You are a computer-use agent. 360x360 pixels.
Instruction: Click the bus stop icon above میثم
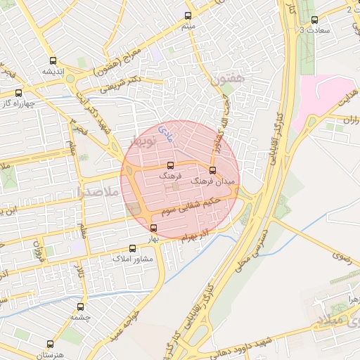coord(188,15)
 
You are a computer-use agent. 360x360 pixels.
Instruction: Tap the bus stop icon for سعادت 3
coord(314,20)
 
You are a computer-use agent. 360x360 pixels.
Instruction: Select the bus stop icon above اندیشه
coord(53,60)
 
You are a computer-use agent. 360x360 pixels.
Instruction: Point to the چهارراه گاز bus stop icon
coord(18,92)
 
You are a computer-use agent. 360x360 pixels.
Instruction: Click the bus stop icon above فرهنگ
coord(170,165)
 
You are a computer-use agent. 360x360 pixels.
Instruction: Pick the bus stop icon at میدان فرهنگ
coord(213,170)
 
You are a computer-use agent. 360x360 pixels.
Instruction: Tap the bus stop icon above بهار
coord(153,227)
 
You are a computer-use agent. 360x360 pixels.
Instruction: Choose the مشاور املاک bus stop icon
coord(133,248)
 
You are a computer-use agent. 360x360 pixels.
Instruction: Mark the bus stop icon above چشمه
coord(81,307)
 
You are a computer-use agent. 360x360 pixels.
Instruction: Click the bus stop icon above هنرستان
coord(50,344)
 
